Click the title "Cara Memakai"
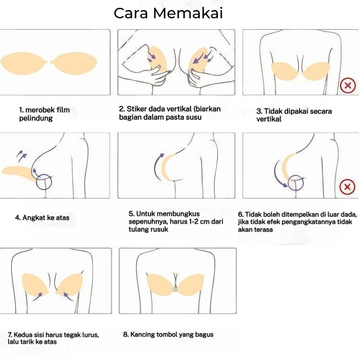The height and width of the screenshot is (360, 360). pos(168,13)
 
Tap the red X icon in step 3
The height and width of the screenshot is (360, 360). pos(347,85)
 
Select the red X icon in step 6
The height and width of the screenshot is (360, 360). pos(347,186)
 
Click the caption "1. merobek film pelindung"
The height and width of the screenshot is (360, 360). pos(44,114)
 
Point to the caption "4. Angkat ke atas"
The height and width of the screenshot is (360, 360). pos(42,218)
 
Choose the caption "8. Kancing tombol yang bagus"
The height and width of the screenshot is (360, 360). pos(168,334)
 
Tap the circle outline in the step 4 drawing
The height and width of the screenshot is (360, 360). pos(44,182)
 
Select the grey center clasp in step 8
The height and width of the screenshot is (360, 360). pos(176,289)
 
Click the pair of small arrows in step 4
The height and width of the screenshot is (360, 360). pos(21,156)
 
